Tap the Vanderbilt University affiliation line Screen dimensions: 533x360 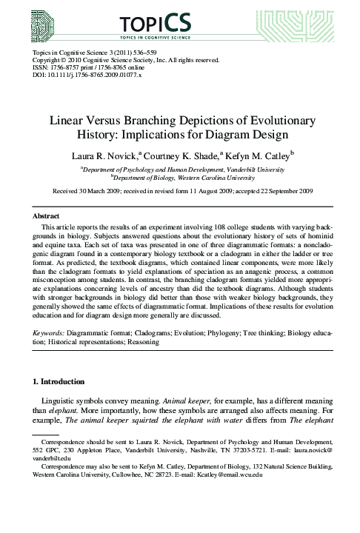point(180,169)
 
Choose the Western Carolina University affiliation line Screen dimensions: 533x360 point(180,178)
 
